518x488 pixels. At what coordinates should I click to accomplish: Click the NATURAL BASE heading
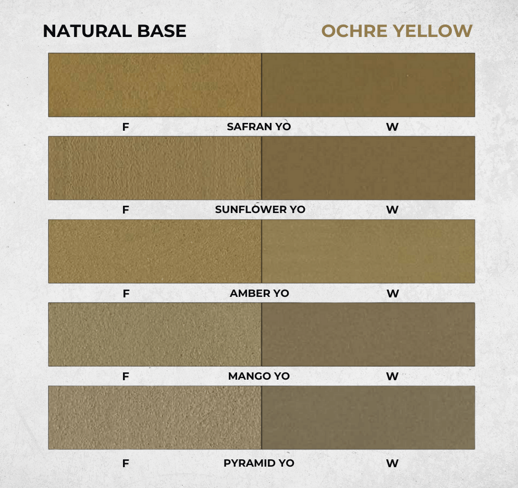pos(115,31)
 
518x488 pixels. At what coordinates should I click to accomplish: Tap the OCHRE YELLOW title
pos(397,31)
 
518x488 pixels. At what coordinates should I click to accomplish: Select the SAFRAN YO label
pos(258,127)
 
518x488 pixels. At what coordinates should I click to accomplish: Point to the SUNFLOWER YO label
pos(260,209)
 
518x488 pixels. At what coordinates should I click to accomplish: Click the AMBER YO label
pos(260,293)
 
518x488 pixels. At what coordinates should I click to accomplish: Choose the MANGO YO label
pos(258,376)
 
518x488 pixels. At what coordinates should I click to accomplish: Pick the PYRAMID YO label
pos(258,463)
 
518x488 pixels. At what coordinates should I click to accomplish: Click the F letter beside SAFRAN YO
pos(126,127)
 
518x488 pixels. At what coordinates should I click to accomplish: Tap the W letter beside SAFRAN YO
pos(392,127)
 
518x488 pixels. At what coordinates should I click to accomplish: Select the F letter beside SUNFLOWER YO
pos(126,210)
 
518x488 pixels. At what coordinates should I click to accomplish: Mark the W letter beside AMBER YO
pos(393,294)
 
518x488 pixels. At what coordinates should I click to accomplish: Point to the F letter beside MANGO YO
pos(126,377)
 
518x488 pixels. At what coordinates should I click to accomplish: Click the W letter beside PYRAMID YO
pos(392,463)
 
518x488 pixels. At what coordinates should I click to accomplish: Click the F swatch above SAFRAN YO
pos(155,85)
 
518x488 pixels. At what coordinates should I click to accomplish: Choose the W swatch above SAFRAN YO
pos(368,85)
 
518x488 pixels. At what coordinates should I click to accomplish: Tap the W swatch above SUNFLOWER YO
pos(368,168)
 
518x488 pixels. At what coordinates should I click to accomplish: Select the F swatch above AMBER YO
pos(155,251)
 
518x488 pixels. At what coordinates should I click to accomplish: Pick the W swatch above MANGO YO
pos(368,334)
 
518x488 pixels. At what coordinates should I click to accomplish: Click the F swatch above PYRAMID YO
pos(155,418)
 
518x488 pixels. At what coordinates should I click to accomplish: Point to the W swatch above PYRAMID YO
pos(368,418)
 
